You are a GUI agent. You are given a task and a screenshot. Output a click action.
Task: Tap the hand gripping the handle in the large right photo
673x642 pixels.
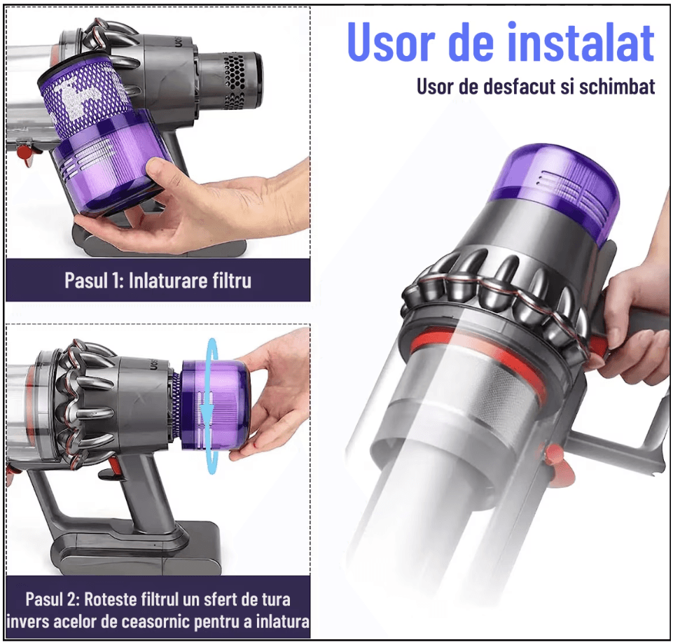tap(634, 315)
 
